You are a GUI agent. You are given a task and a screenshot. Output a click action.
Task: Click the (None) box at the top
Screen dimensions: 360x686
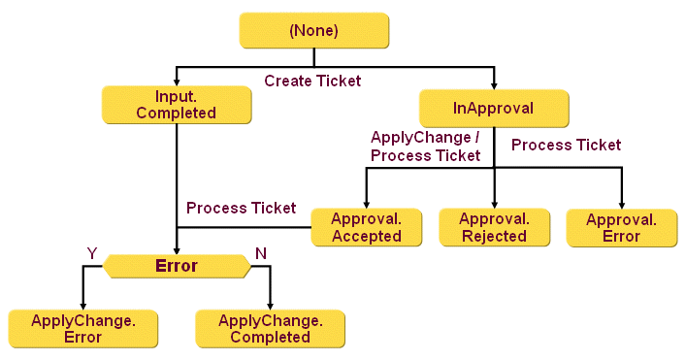point(313,31)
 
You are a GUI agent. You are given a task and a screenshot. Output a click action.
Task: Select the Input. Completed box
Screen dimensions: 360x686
point(176,105)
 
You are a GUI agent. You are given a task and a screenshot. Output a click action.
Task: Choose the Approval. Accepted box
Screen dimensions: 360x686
point(367,227)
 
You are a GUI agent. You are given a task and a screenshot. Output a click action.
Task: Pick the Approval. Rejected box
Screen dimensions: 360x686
point(494,227)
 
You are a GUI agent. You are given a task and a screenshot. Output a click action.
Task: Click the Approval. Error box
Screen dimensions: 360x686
point(621,227)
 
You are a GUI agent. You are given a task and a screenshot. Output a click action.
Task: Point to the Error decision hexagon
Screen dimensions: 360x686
point(177,266)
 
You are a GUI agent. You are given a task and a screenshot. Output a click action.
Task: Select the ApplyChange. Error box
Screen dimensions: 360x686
point(82,329)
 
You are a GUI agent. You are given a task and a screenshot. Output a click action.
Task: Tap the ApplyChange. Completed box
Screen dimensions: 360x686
point(270,329)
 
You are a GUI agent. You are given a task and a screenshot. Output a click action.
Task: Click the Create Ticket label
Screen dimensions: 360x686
point(312,81)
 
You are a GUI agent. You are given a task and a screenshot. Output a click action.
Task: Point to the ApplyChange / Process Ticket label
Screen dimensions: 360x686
point(425,147)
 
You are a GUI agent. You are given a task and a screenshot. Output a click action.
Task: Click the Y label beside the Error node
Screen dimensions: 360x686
point(93,253)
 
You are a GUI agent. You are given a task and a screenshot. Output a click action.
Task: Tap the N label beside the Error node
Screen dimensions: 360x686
point(260,253)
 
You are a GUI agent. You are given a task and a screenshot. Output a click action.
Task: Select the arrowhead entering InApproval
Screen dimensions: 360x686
point(494,82)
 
